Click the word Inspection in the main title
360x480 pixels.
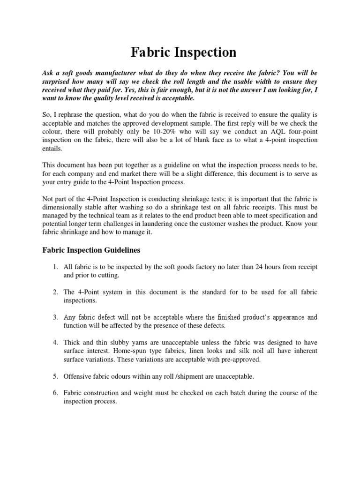pos(204,52)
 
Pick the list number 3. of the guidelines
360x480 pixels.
pos(55,317)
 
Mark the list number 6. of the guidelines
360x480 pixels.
pos(55,393)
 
